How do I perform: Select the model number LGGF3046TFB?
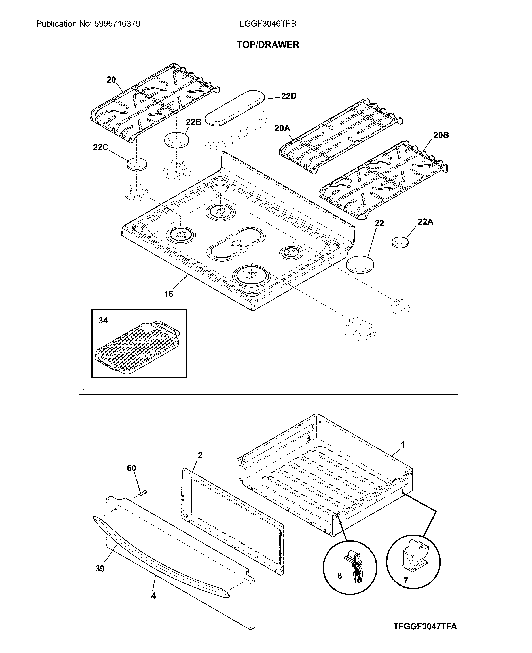click(x=268, y=24)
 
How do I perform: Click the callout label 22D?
click(x=288, y=96)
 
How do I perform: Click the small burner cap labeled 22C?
click(x=137, y=164)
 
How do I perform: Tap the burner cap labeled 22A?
click(x=400, y=242)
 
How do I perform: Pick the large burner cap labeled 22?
click(x=360, y=264)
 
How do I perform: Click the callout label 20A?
click(x=282, y=128)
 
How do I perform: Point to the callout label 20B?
click(x=441, y=135)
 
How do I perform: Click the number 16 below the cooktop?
click(x=168, y=294)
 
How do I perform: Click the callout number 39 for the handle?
click(x=100, y=569)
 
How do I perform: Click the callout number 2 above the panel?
click(x=200, y=455)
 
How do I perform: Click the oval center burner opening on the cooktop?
click(x=236, y=244)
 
